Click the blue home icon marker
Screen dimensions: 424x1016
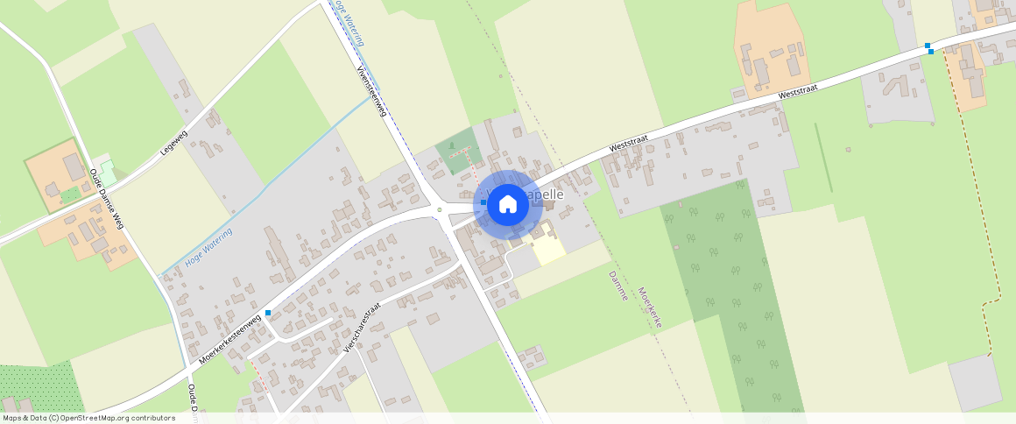coord(507,204)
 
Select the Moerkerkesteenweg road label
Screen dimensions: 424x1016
coord(229,339)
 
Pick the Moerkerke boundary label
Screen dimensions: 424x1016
coord(649,307)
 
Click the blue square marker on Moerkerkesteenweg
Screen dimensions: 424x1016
coord(268,313)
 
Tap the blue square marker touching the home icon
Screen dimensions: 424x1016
coord(483,201)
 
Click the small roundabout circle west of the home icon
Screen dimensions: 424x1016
coord(439,210)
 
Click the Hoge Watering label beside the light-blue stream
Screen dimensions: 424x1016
coord(208,248)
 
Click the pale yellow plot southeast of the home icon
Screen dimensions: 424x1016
coord(548,244)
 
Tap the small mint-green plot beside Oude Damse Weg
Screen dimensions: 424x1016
coord(107,168)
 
